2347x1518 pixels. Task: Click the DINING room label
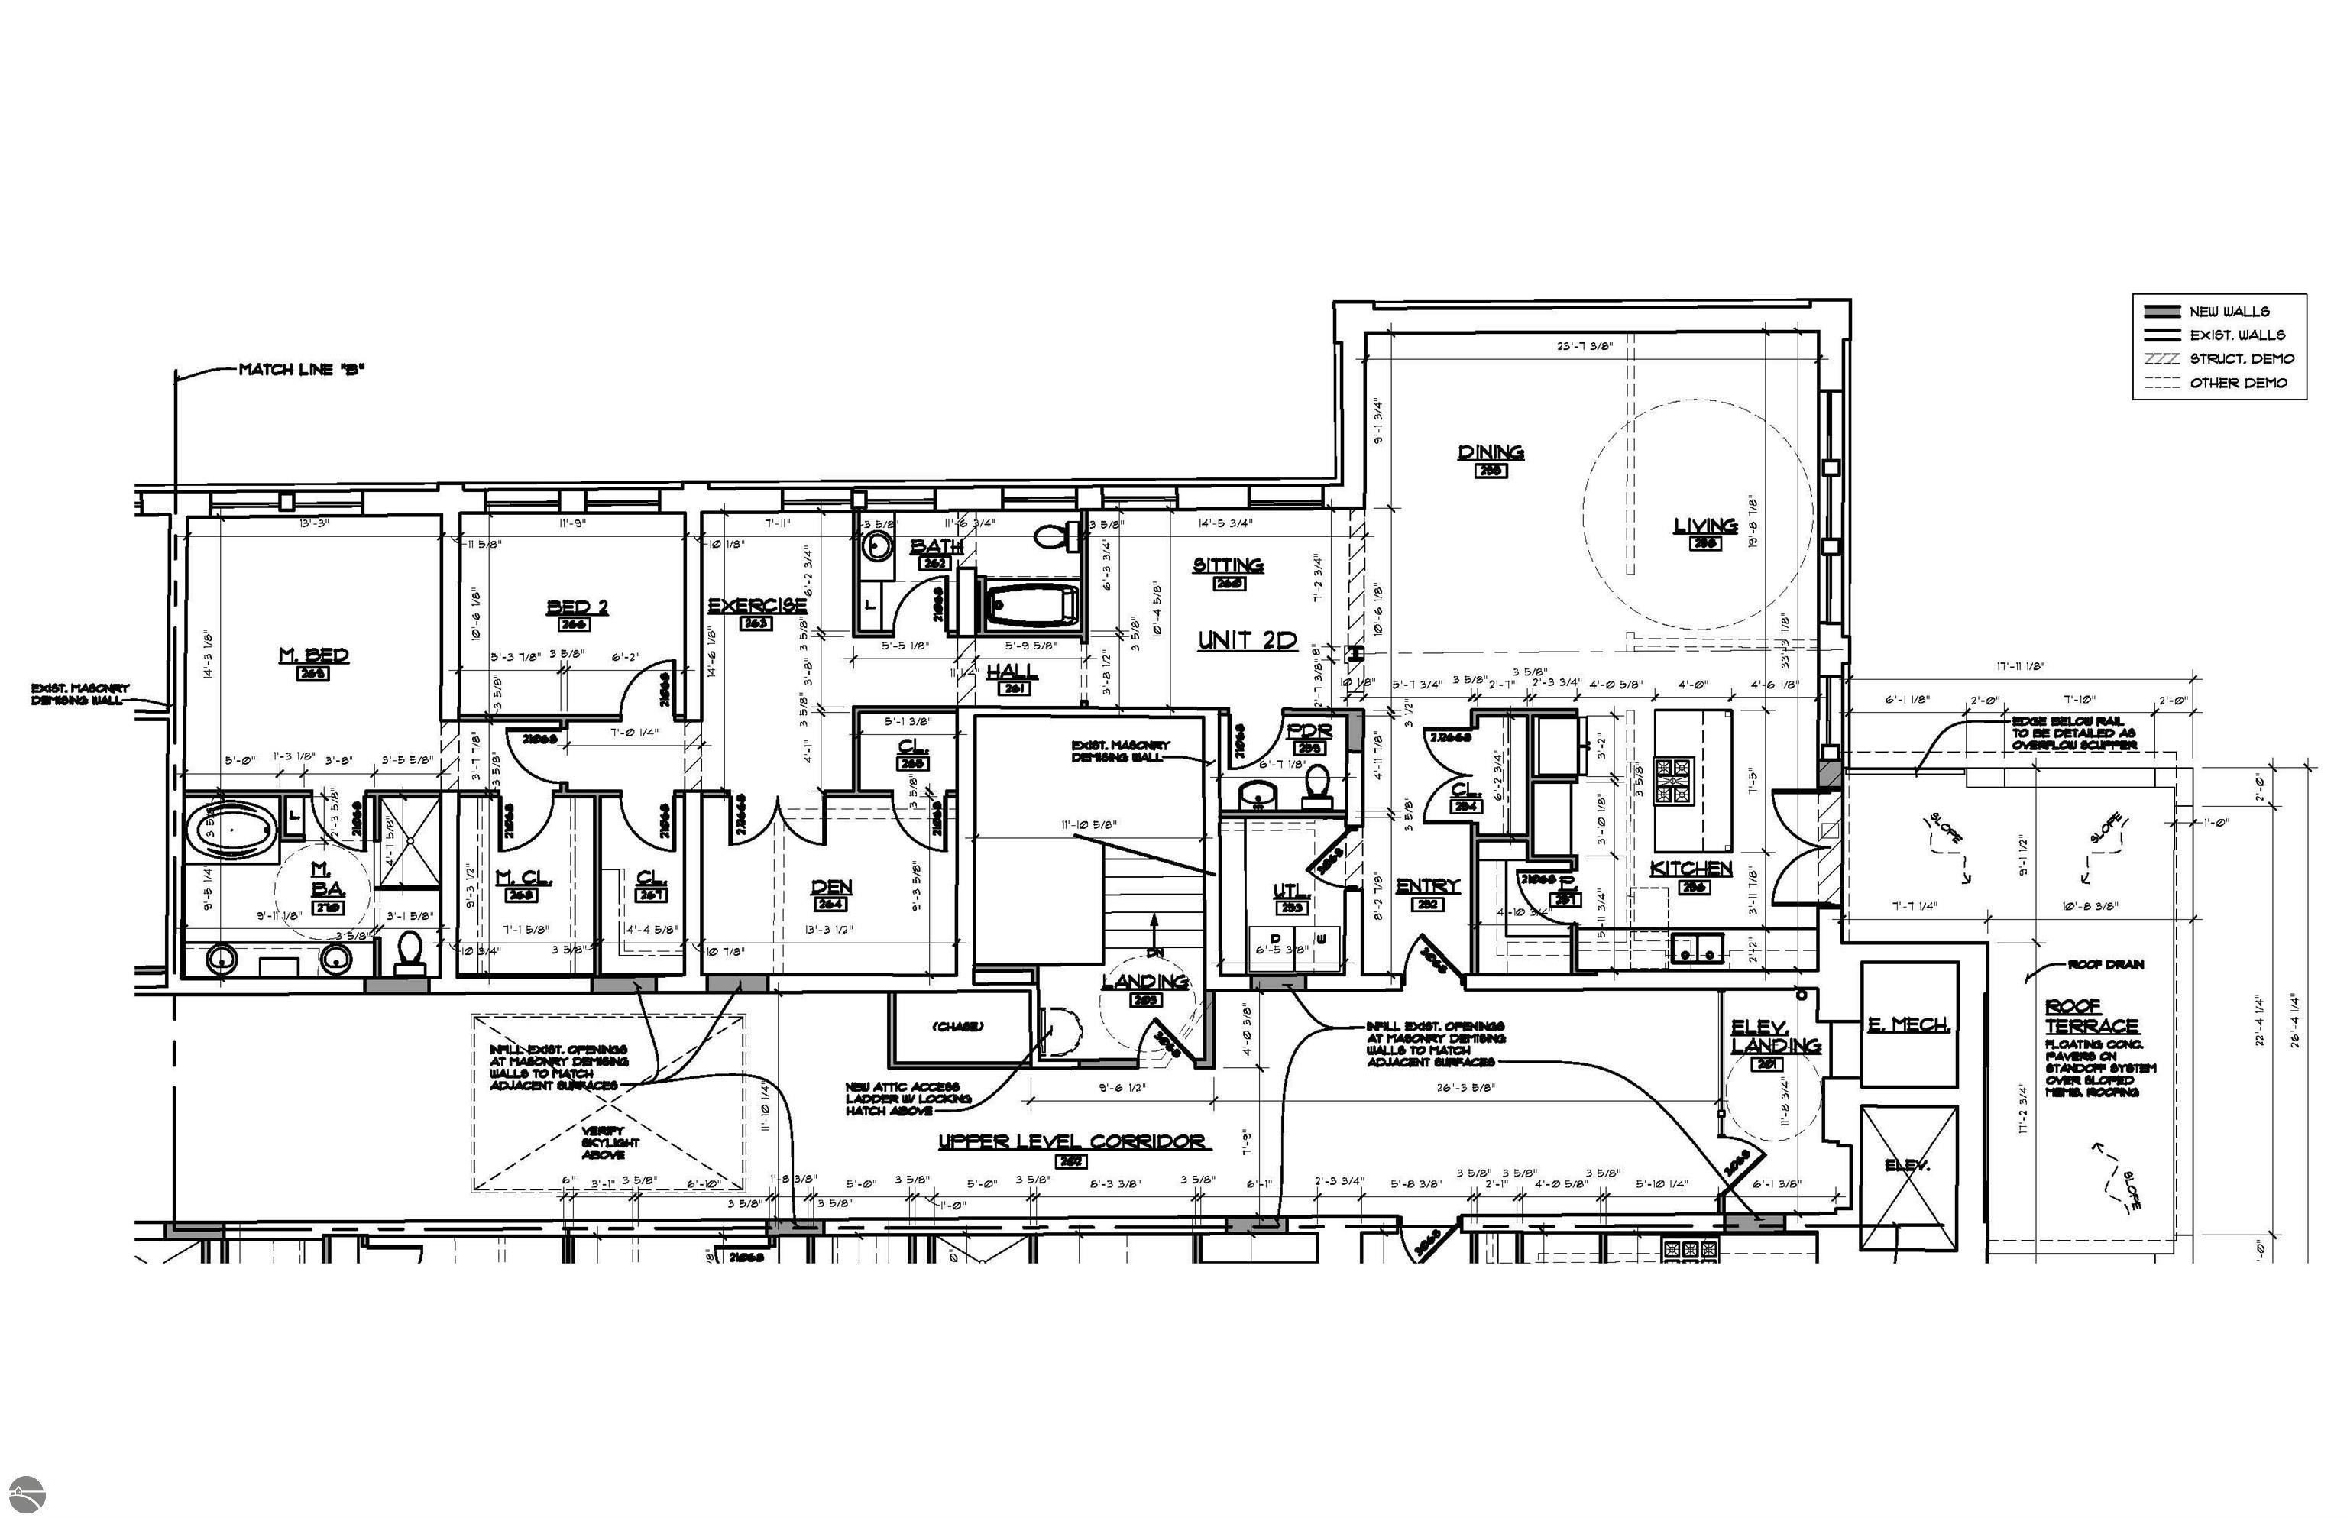1490,452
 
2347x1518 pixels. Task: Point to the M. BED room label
313,655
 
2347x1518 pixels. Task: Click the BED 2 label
577,607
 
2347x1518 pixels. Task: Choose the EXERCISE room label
757,605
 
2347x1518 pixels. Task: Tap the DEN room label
830,887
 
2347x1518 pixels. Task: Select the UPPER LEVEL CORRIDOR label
1071,1141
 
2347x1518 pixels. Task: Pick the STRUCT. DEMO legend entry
2242,359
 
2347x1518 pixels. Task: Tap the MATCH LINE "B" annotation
302,370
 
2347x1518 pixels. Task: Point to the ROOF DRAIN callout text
2106,964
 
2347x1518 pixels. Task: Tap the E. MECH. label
1908,1025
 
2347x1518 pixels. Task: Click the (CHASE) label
957,1027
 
